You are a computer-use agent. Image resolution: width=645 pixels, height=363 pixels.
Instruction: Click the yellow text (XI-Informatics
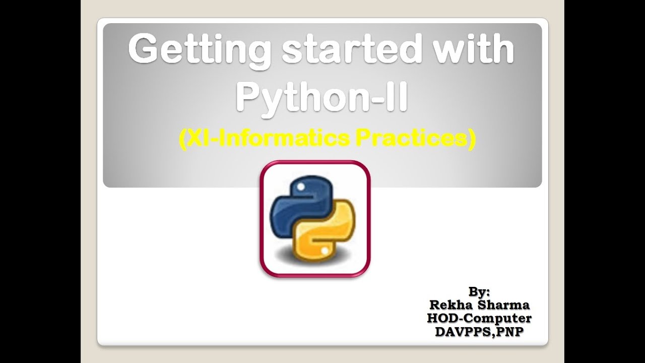click(x=263, y=139)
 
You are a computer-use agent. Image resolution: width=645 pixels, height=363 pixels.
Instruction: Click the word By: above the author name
click(x=479, y=291)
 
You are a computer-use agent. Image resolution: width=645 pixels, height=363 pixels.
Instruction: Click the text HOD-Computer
click(x=479, y=319)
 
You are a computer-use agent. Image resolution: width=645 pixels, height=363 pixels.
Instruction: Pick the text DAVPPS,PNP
click(x=479, y=332)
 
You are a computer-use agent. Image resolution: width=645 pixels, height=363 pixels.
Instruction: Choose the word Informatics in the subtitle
click(x=283, y=139)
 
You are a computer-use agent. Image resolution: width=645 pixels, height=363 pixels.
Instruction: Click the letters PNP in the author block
click(x=509, y=332)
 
